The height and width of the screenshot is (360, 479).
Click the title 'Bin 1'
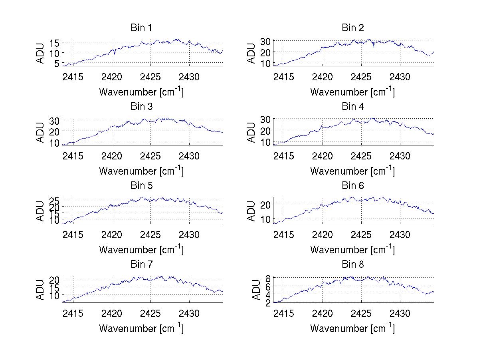pos(141,28)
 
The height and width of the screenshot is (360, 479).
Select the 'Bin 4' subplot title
pos(353,107)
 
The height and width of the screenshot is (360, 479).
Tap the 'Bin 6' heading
pos(353,185)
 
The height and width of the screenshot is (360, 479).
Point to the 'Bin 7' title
pos(141,264)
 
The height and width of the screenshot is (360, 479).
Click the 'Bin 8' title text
pos(353,264)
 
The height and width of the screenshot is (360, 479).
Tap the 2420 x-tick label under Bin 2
pos(322,77)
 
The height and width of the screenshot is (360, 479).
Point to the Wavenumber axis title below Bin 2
pos(352,92)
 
